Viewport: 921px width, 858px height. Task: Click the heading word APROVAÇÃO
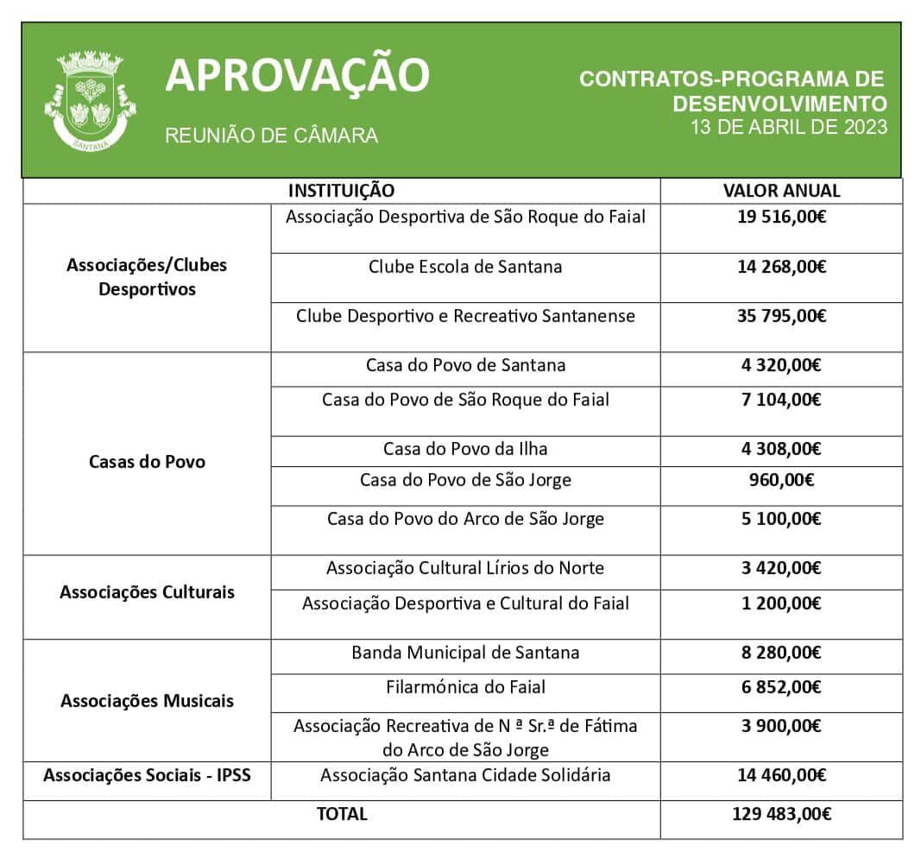(297, 75)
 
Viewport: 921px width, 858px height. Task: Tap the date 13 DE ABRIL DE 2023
(788, 127)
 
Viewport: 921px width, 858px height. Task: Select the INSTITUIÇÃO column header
(341, 191)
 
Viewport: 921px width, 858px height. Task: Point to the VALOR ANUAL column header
(781, 191)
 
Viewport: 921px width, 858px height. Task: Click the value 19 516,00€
(781, 218)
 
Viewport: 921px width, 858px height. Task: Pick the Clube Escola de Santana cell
(465, 267)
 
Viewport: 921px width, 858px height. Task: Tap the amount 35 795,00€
(781, 316)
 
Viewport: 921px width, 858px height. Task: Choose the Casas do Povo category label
(147, 462)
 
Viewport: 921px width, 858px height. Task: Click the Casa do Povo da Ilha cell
(465, 449)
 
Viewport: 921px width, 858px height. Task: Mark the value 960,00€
(781, 480)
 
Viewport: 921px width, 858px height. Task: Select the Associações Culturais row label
(147, 592)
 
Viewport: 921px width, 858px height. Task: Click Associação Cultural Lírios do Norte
(465, 568)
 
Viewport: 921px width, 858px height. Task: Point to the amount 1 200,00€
(781, 603)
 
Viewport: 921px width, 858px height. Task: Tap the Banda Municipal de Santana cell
(465, 653)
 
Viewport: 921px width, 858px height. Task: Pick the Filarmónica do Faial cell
(465, 687)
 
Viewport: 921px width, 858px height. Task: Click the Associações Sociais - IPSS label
(147, 774)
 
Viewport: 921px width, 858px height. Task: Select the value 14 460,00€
(781, 775)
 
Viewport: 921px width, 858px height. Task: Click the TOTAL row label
(342, 813)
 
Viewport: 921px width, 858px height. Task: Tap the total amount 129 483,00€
(781, 813)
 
